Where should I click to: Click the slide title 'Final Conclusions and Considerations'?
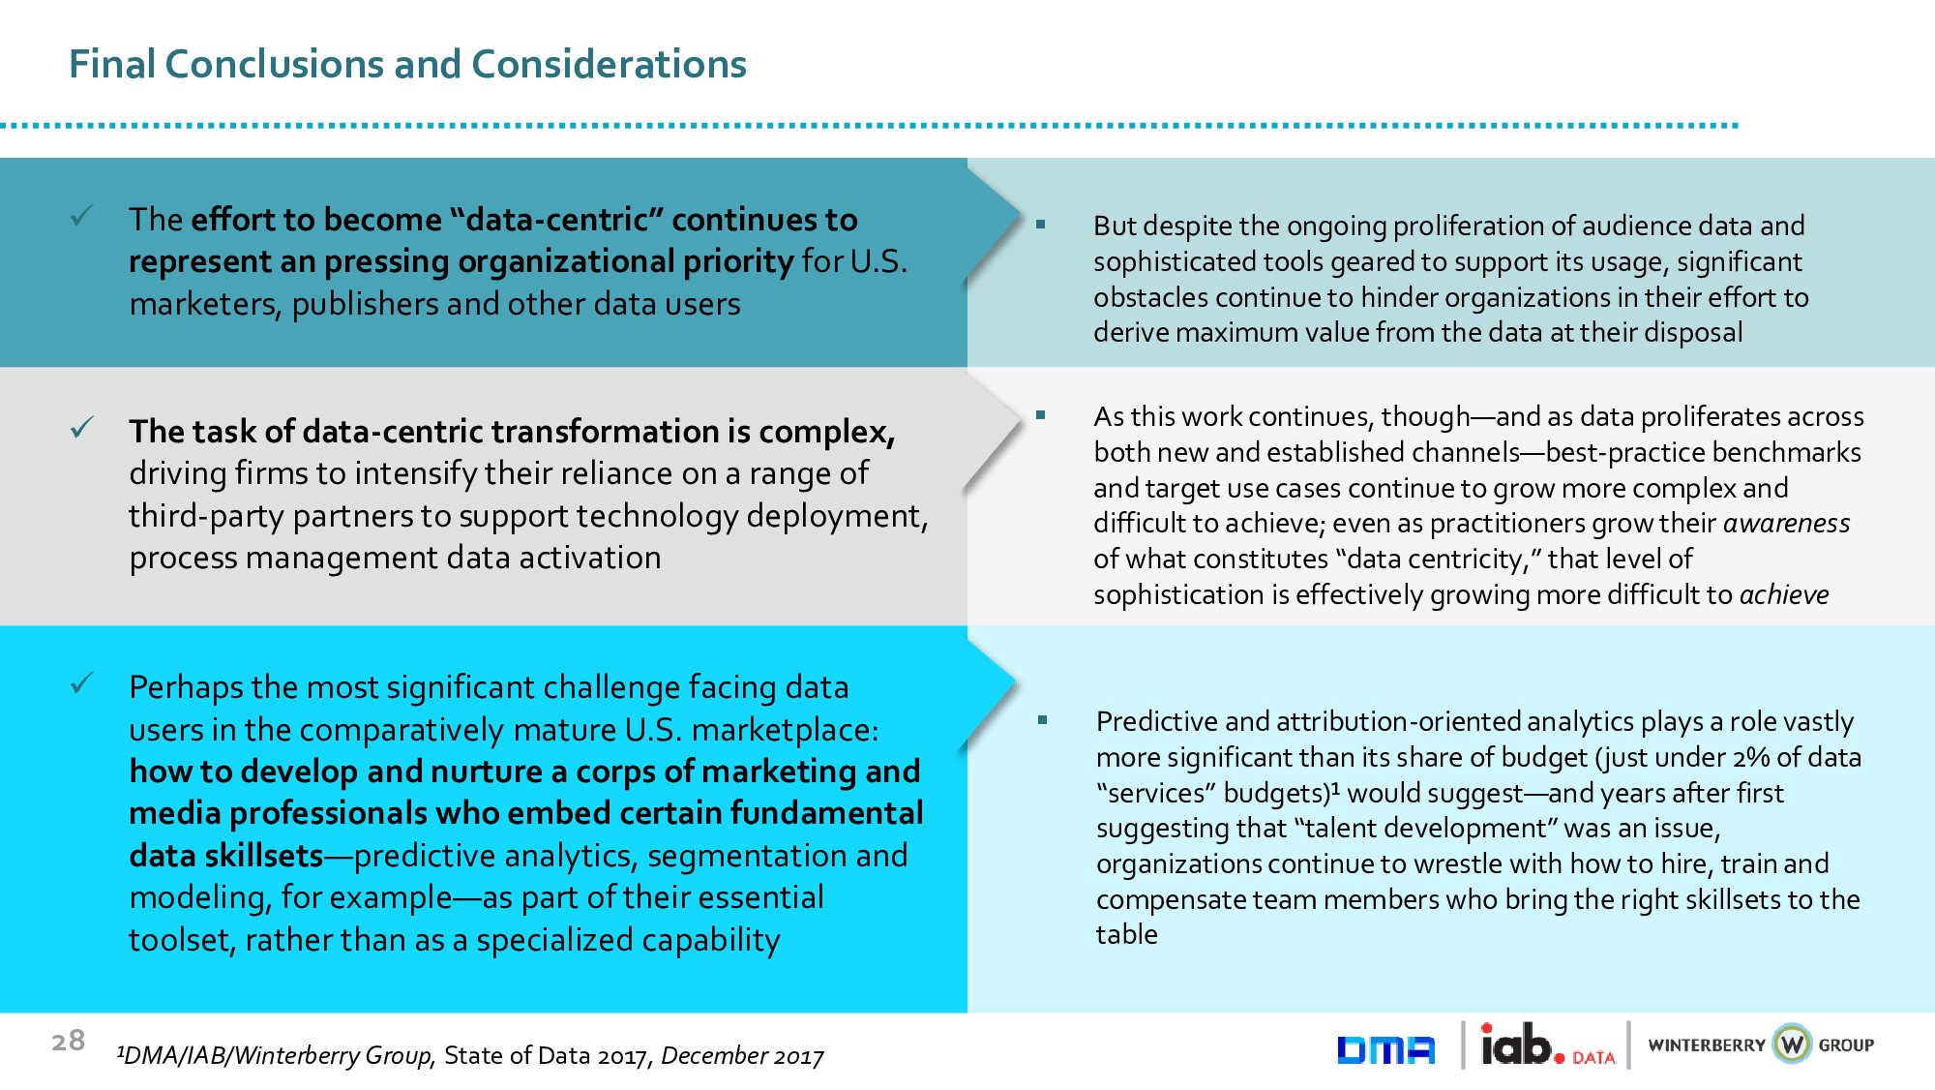tap(407, 64)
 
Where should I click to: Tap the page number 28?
tap(68, 1041)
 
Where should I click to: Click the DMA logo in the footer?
tap(1385, 1049)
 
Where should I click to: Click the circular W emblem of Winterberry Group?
tap(1793, 1044)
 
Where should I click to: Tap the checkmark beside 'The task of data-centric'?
tap(82, 427)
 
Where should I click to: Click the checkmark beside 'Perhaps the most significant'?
tap(82, 683)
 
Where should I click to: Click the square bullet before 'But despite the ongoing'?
tap(1040, 225)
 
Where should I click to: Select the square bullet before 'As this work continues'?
tap(1040, 415)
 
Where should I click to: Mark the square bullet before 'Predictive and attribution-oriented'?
tap(1042, 720)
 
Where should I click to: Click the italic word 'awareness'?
tap(1786, 524)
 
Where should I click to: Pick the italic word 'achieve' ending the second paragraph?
tap(1784, 594)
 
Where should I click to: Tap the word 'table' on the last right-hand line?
tap(1126, 934)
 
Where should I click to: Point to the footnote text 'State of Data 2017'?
tap(545, 1055)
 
